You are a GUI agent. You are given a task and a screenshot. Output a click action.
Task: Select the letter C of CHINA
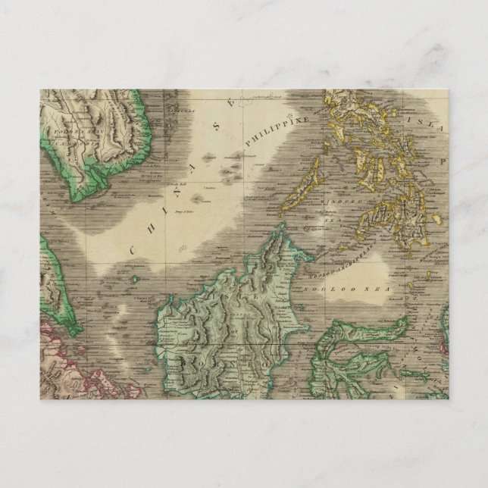click(x=132, y=249)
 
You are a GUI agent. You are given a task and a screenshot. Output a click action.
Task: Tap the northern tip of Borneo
click(x=281, y=228)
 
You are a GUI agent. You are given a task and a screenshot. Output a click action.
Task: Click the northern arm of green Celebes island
click(x=364, y=330)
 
